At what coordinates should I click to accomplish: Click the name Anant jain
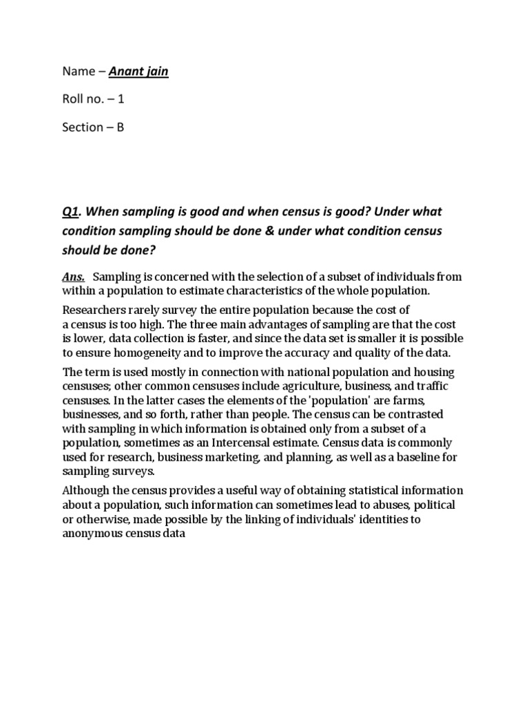click(138, 71)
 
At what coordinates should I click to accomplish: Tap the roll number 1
click(121, 99)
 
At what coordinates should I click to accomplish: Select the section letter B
click(120, 127)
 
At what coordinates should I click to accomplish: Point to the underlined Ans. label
click(74, 277)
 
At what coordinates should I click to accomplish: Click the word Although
click(86, 490)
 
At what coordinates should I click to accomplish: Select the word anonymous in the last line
click(92, 533)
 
